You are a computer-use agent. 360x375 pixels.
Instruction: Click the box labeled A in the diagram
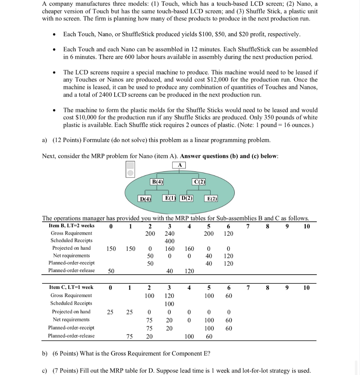[x=179, y=165]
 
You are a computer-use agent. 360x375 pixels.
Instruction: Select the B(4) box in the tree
[x=157, y=181]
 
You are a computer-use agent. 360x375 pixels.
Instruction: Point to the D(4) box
[x=145, y=198]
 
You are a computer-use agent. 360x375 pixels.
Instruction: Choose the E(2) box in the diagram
[x=212, y=198]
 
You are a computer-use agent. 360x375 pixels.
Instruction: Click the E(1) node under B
[x=170, y=198]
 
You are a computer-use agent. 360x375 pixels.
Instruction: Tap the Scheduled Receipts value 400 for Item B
[x=170, y=241]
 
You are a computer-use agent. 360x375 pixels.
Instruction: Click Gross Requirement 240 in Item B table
[x=170, y=233]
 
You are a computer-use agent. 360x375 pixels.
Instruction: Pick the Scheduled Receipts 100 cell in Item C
[x=170, y=304]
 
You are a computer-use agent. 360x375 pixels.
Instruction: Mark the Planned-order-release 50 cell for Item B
[x=111, y=271]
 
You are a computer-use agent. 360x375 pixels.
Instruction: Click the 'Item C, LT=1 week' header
[x=71, y=287]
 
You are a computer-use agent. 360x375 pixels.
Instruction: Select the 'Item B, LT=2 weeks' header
[x=71, y=226]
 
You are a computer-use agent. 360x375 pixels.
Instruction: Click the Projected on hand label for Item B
[x=71, y=248]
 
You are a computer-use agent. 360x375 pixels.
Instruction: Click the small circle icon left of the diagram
[x=130, y=173]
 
